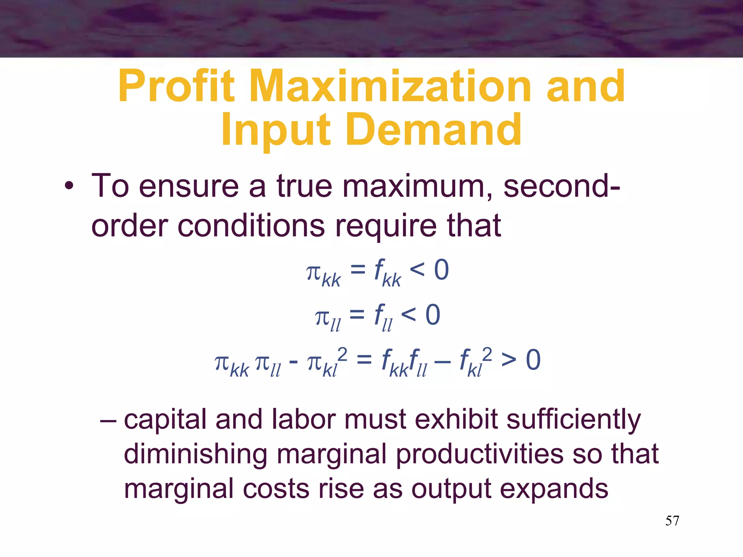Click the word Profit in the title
click(x=176, y=87)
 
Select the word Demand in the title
click(x=434, y=130)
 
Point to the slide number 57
click(x=672, y=521)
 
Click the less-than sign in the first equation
click(x=417, y=269)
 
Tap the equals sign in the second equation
click(x=357, y=314)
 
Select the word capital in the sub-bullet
click(x=165, y=420)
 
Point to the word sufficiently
click(x=573, y=420)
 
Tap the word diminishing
click(x=196, y=454)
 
